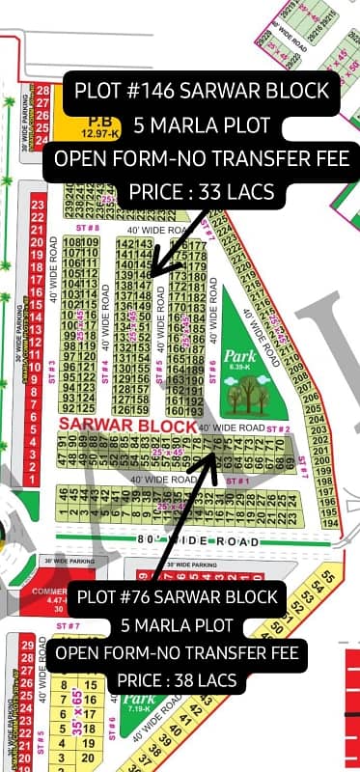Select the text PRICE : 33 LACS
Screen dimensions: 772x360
coord(201,191)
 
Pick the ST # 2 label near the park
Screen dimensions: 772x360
coord(278,427)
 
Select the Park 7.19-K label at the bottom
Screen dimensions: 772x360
coord(138,701)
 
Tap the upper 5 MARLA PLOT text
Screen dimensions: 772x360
coord(202,125)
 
